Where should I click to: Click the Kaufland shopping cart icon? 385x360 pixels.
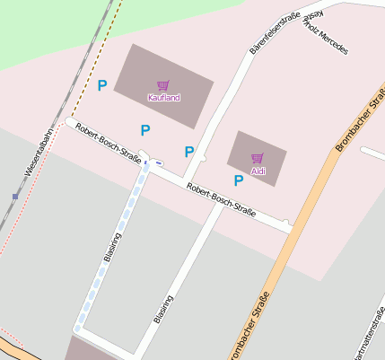pyautogui.click(x=162, y=86)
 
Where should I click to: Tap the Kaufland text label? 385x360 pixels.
pyautogui.click(x=162, y=97)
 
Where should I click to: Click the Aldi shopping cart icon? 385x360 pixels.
pyautogui.click(x=258, y=159)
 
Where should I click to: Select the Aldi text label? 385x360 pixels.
pyautogui.click(x=258, y=170)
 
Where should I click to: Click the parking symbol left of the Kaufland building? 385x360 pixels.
pyautogui.click(x=102, y=86)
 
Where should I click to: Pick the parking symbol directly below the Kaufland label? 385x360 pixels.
pyautogui.click(x=145, y=130)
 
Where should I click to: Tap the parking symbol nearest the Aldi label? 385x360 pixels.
pyautogui.click(x=239, y=180)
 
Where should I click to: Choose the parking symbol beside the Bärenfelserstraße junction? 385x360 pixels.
pyautogui.click(x=189, y=152)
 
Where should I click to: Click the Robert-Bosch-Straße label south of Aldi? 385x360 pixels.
pyautogui.click(x=221, y=200)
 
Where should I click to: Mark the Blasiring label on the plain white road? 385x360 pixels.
pyautogui.click(x=162, y=308)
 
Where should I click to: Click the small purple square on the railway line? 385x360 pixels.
pyautogui.click(x=15, y=196)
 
